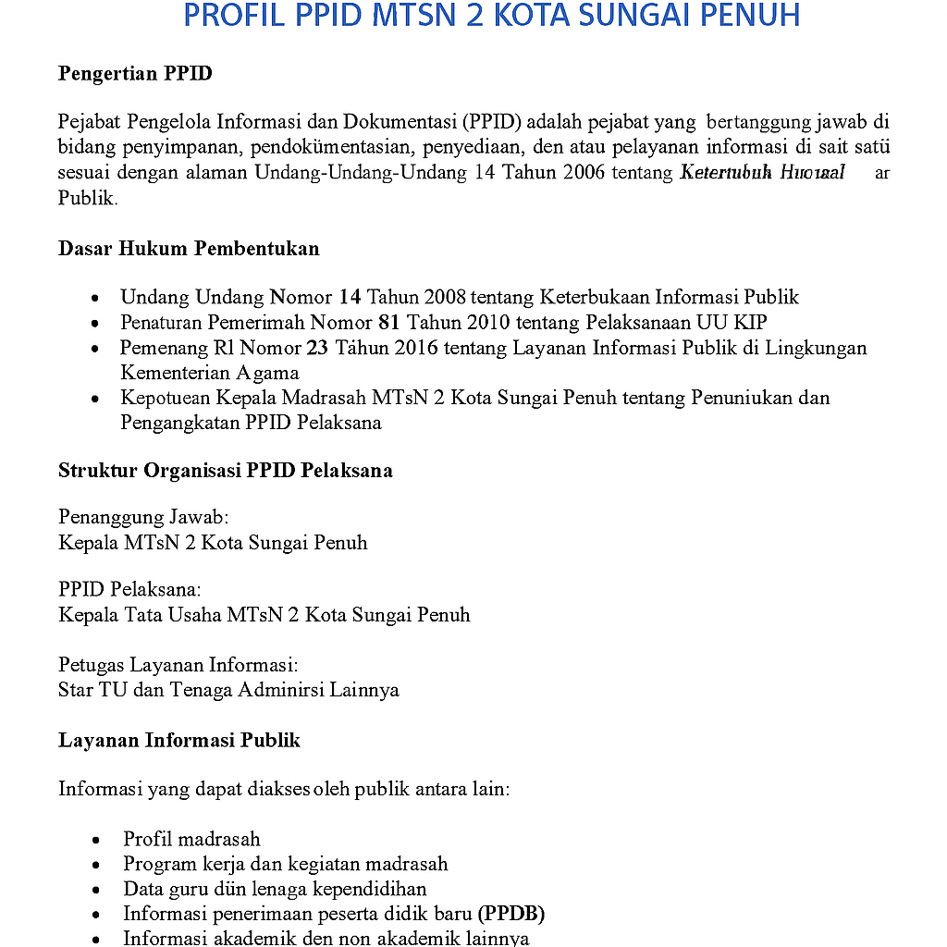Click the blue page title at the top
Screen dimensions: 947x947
491,16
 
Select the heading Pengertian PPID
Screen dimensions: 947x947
135,74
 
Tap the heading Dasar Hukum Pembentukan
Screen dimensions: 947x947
189,248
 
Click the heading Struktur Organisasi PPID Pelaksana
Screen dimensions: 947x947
225,470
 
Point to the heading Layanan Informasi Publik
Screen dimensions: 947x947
178,740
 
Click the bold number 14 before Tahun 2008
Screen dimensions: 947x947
350,297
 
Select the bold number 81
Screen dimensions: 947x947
388,323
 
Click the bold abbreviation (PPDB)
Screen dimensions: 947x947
511,914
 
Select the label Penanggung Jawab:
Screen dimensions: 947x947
143,516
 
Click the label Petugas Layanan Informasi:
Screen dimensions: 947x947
178,664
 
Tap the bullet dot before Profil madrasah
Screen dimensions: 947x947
97,840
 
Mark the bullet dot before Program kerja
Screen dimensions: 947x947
97,865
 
